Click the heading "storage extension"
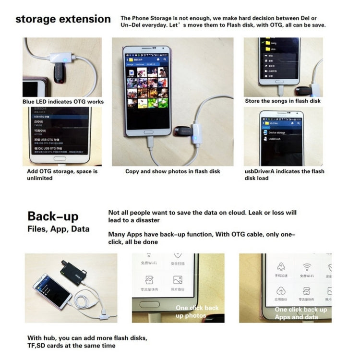[x=63, y=20]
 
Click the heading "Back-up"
[x=53, y=216]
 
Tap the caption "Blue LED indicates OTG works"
[x=63, y=102]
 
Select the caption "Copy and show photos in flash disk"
[x=173, y=171]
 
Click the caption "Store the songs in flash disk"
[x=283, y=101]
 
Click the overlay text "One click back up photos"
[x=197, y=312]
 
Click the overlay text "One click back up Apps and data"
[x=301, y=313]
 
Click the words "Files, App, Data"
[x=58, y=229]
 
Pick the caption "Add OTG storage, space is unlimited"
[x=62, y=175]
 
